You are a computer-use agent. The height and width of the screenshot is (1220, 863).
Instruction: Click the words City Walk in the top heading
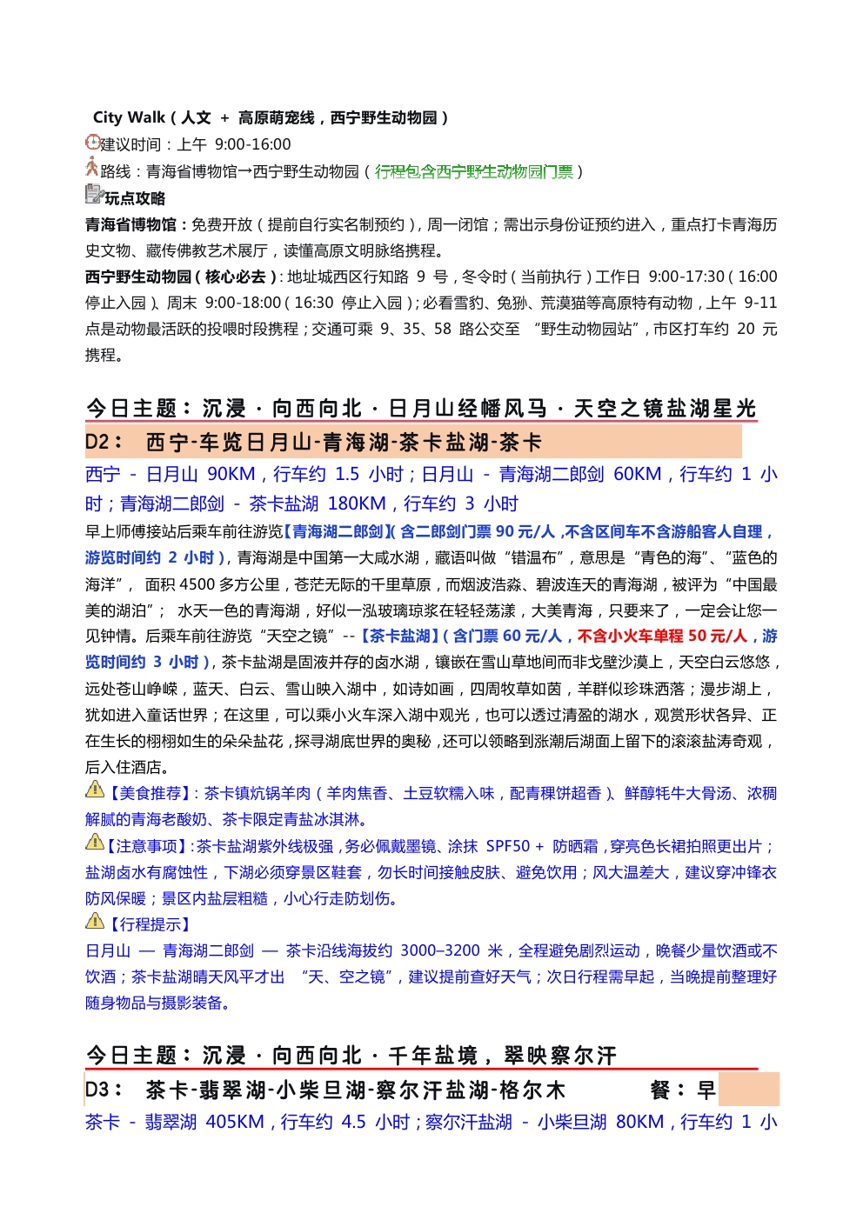(x=129, y=117)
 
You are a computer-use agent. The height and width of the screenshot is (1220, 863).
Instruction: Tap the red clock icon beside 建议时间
(x=92, y=142)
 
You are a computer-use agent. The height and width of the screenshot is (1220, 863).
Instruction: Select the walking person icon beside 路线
(x=91, y=168)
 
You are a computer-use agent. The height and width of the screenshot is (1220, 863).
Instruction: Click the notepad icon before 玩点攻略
(x=94, y=195)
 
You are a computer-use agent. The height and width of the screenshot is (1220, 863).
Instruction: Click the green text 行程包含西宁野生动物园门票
(x=474, y=172)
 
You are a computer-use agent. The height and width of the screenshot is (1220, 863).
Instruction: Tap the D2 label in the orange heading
(x=104, y=443)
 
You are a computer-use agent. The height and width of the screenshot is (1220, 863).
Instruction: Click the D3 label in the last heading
(x=104, y=1090)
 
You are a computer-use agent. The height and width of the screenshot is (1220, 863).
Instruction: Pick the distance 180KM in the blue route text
(x=357, y=504)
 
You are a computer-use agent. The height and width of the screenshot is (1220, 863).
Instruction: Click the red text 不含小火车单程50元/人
(x=662, y=637)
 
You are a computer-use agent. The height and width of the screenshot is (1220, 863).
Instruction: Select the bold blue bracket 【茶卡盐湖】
(x=398, y=637)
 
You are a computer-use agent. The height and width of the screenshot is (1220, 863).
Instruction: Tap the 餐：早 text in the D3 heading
(x=682, y=1090)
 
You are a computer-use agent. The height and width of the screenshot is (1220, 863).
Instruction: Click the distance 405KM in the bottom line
(x=235, y=1123)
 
